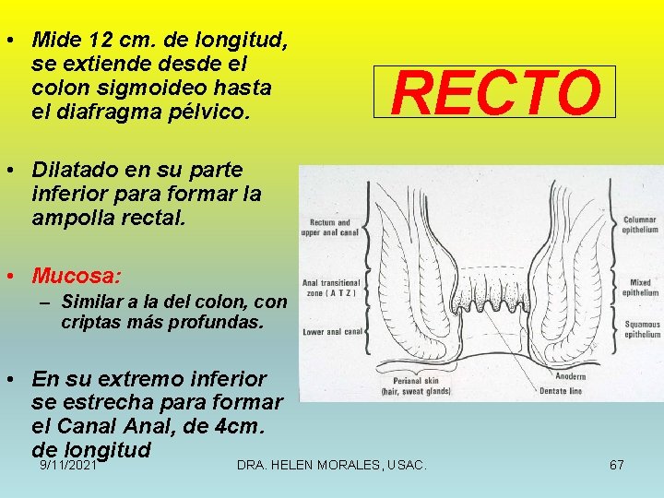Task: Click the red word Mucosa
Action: (74, 276)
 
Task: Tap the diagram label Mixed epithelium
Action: (640, 289)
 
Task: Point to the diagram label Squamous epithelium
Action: (642, 329)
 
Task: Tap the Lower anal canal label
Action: (333, 331)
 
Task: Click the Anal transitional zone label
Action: (329, 288)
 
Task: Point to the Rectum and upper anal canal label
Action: (330, 228)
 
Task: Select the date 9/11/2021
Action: (68, 466)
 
